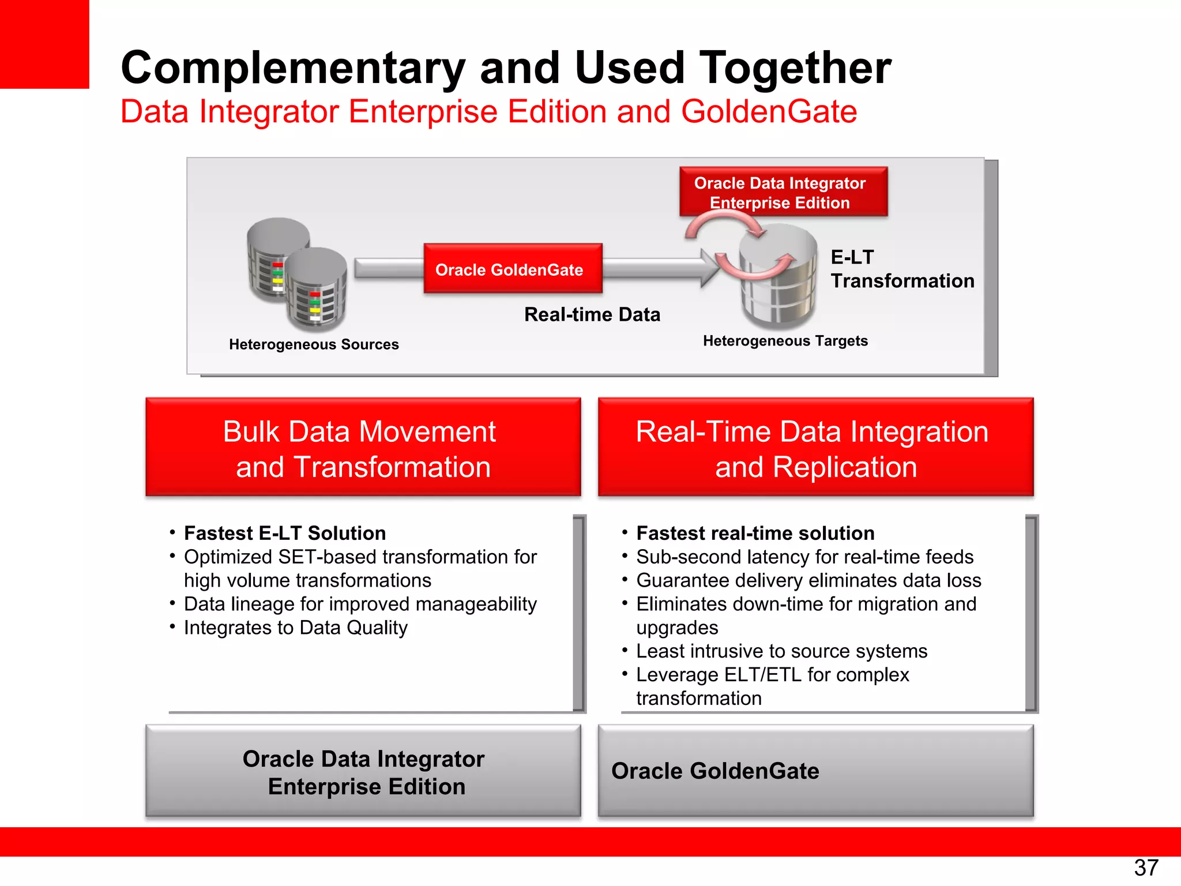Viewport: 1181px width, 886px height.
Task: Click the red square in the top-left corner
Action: (44, 44)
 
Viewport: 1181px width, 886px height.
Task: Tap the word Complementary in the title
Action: (293, 68)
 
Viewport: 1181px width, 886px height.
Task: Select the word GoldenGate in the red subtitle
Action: (769, 111)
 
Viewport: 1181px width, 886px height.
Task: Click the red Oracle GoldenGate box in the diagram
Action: (513, 269)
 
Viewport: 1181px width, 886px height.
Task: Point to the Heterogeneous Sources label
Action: (314, 344)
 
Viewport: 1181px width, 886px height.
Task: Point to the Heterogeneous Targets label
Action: (785, 341)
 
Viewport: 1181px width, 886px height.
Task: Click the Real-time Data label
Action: (592, 314)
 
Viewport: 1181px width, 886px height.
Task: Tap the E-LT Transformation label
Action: (901, 269)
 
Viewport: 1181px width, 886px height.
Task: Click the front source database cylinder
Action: (317, 288)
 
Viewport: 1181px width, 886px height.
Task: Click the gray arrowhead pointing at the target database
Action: (710, 268)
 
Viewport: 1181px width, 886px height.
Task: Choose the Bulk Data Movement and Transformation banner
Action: (363, 448)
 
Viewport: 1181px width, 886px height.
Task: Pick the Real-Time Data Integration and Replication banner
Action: (815, 448)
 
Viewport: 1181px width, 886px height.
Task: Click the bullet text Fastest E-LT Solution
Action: (285, 533)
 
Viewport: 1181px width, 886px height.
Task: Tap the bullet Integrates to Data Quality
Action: (295, 628)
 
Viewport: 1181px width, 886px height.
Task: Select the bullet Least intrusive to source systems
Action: (781, 651)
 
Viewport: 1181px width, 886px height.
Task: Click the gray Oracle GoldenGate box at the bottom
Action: (815, 771)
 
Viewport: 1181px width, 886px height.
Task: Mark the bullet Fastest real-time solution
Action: (755, 533)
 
